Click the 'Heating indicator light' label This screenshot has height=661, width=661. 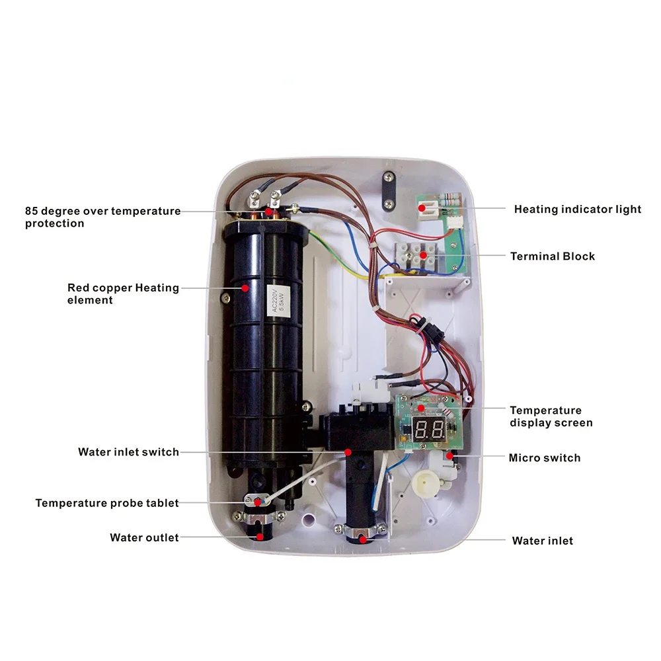point(577,210)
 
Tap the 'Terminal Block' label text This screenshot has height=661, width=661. point(552,256)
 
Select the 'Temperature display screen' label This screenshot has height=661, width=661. point(551,416)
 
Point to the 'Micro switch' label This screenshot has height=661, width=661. point(544,457)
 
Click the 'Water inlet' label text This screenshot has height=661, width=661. point(542,541)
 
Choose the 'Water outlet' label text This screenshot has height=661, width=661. point(144,537)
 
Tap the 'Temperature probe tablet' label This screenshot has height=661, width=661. point(107,503)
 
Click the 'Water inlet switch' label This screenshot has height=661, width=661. point(128,452)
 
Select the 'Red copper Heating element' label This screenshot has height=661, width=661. point(123,293)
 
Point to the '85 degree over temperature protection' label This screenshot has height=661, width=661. point(102,217)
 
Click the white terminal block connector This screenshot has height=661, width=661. point(416,254)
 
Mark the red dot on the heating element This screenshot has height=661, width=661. point(245,288)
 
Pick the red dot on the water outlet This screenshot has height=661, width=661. point(260,537)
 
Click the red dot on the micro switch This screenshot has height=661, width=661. point(450,456)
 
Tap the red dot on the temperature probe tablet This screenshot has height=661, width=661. point(269,503)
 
